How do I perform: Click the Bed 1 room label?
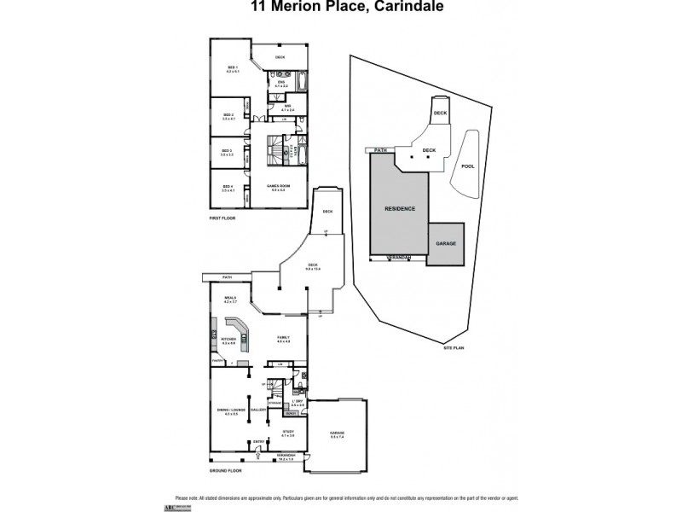(x=231, y=67)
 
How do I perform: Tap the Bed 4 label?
(x=228, y=188)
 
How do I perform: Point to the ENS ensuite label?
(x=281, y=84)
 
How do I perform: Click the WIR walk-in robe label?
(x=286, y=108)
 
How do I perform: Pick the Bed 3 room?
(x=228, y=153)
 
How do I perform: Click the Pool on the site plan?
(x=467, y=167)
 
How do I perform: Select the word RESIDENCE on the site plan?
(x=399, y=208)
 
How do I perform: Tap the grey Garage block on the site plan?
(x=446, y=243)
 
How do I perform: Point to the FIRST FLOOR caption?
(x=223, y=219)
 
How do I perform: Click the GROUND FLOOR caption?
(x=226, y=471)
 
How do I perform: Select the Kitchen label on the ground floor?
(x=228, y=340)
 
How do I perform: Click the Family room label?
(x=283, y=339)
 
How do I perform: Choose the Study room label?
(x=288, y=433)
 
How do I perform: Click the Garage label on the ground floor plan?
(x=337, y=433)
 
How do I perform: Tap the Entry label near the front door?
(x=257, y=441)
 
